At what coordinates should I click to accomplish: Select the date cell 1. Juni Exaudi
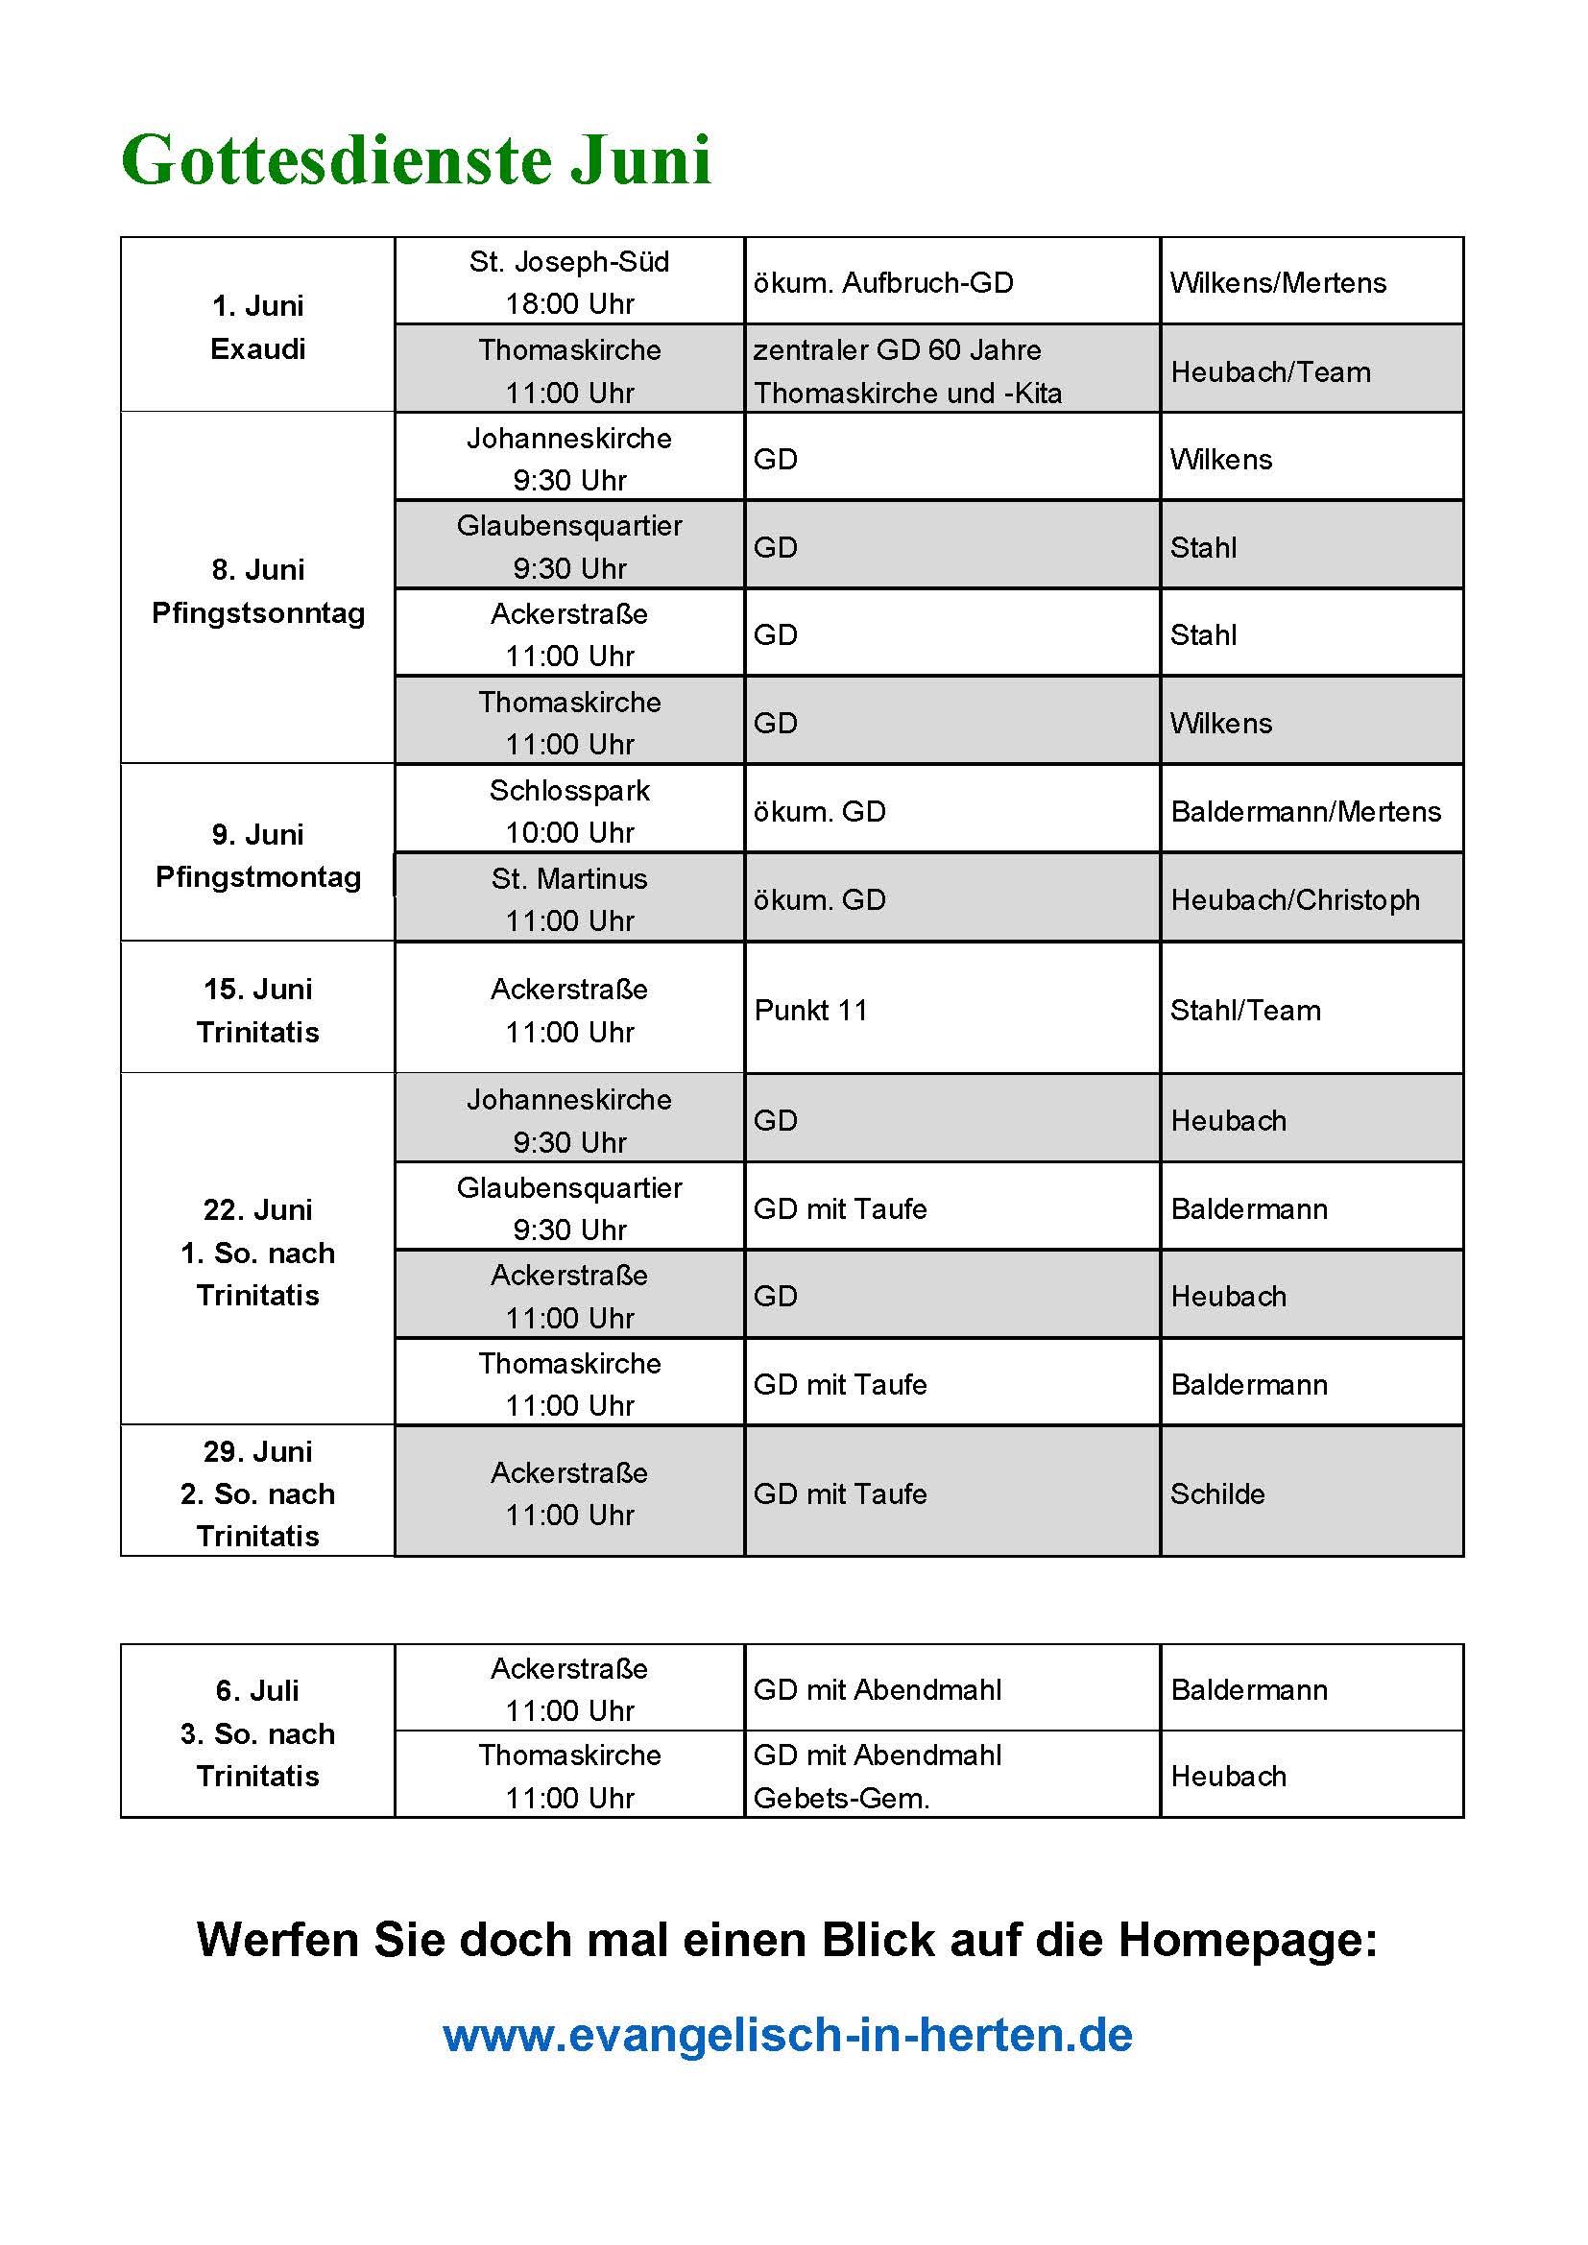tap(258, 326)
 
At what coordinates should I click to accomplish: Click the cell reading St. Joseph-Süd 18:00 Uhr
tap(569, 282)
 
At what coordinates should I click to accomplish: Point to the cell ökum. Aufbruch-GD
tap(883, 282)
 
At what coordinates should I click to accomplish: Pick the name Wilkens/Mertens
tap(1278, 282)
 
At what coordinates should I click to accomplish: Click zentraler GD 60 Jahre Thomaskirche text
tap(906, 370)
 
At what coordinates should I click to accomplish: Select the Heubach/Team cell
tap(1270, 371)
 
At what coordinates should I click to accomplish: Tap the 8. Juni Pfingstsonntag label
tap(258, 590)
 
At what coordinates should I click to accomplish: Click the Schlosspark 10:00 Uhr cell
tap(569, 811)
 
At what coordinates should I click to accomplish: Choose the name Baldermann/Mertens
tap(1306, 811)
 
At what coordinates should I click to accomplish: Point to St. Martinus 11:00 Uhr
tap(569, 898)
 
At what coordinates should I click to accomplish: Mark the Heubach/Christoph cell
tap(1294, 899)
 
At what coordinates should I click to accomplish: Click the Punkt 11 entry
tap(810, 1010)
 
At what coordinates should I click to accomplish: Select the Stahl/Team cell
tap(1245, 1010)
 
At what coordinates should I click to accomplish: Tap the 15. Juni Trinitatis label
tap(258, 1010)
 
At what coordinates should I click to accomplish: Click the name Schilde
tap(1217, 1493)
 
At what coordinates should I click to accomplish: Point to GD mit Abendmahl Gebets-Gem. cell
tap(878, 1776)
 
